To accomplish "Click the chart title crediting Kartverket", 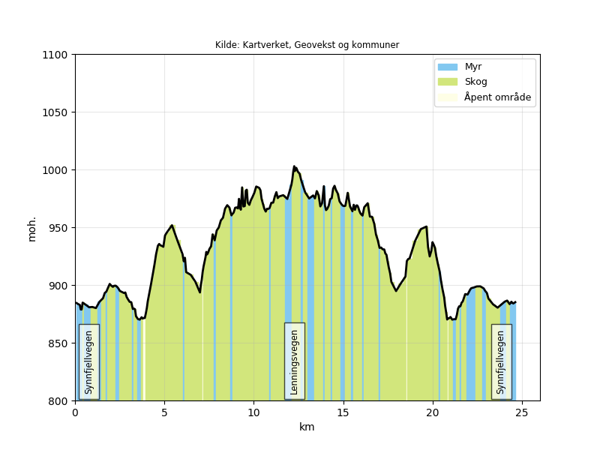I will coord(307,45).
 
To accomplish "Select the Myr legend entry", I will coord(472,67).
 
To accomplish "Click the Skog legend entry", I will coord(475,82).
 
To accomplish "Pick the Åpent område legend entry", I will coord(497,97).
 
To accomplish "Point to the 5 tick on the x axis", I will coord(164,412).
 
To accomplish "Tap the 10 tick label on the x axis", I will coord(253,412).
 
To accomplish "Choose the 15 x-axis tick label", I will coord(343,412).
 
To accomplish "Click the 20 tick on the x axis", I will coord(433,412).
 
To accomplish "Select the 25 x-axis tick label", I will coord(522,412).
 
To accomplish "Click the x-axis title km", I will coord(307,427).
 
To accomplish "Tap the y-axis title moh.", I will coord(32,229).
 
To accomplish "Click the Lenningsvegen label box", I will coord(294,361).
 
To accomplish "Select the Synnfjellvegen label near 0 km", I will coord(88,361).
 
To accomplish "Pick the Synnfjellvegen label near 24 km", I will coord(501,361).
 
